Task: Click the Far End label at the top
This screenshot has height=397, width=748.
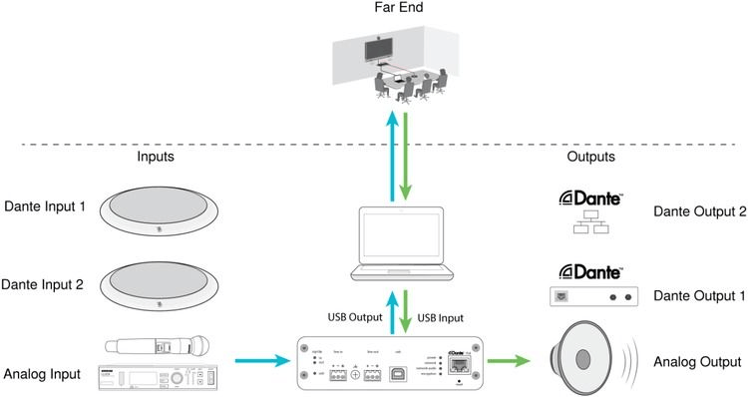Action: coord(397,9)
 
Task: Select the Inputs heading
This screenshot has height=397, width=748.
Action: coord(157,157)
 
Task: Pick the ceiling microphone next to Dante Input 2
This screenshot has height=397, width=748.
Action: coord(163,283)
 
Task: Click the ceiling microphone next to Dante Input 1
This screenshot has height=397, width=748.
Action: coord(163,208)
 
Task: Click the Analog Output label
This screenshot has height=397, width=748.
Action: coord(697,361)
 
